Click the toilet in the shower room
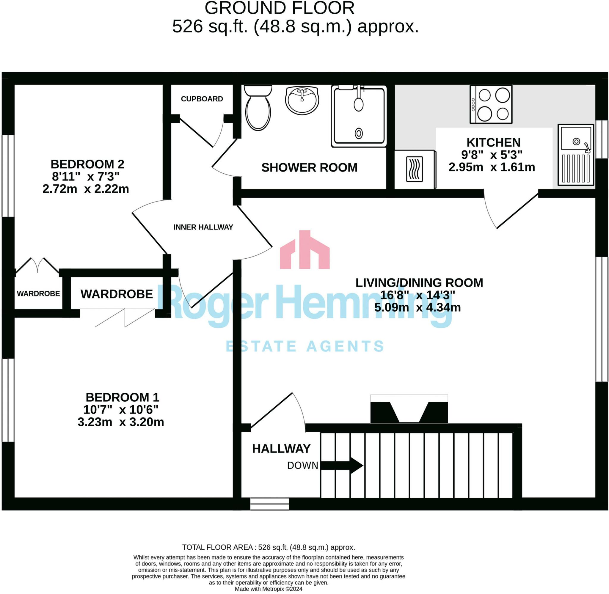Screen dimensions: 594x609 point(258,109)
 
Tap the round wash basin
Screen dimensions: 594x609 point(302,100)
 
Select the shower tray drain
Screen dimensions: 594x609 point(359,133)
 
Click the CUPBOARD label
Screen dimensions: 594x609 point(202,99)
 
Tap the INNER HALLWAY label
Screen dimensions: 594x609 point(203,227)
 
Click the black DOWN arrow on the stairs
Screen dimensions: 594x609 point(342,466)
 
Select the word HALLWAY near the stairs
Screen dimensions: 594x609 point(281,449)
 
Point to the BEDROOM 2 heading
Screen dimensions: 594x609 point(87,164)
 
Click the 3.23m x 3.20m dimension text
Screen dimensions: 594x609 point(121,422)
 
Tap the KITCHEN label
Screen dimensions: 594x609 point(493,143)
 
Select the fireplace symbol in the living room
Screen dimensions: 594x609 point(409,409)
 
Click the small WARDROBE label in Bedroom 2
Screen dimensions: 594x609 point(38,293)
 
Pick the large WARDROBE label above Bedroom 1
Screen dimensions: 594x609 point(117,294)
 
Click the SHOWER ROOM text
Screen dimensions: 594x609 point(309,168)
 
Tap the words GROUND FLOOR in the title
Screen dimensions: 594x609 point(279,8)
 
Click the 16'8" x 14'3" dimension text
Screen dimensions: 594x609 point(417,295)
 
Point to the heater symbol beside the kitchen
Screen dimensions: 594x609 point(414,169)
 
